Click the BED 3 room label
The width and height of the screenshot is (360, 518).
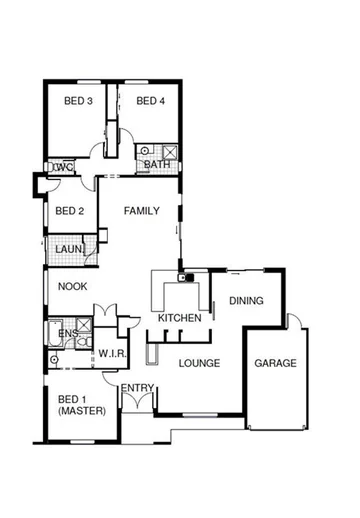point(79,100)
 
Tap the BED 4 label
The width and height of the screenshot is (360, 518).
point(150,100)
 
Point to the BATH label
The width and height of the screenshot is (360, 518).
point(156,165)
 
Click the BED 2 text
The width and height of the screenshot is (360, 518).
point(69,210)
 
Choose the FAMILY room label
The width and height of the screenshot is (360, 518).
point(141,211)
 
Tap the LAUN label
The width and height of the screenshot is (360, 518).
point(68,249)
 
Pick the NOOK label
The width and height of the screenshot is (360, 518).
point(71,286)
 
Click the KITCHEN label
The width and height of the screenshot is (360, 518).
point(179,318)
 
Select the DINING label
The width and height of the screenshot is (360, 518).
point(246,300)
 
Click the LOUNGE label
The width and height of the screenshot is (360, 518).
point(199,362)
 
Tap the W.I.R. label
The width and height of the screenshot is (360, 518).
point(109,353)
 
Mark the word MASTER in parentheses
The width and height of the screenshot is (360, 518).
point(79,411)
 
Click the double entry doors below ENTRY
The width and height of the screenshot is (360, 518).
point(136,403)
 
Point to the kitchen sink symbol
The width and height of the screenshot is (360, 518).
point(184,277)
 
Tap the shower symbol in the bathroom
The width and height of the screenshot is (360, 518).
point(170,153)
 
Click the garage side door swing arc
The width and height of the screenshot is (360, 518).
point(297,324)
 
